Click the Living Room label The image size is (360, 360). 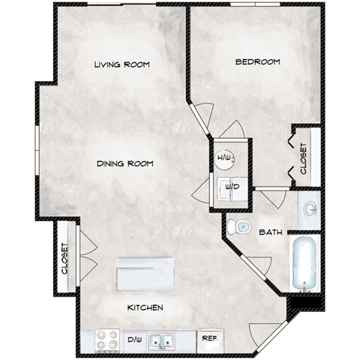tap(122, 65)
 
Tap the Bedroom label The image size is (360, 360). tap(257, 61)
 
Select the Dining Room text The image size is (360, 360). tap(124, 163)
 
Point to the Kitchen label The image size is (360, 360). tap(145, 307)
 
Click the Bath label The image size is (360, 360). tap(270, 232)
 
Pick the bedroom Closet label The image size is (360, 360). tap(304, 160)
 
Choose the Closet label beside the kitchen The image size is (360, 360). tap(64, 259)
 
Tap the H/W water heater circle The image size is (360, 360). tap(223, 157)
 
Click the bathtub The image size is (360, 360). tap(306, 264)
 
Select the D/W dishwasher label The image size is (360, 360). tap(135, 340)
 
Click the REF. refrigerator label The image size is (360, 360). tap(209, 338)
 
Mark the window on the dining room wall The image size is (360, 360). tap(38, 148)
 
